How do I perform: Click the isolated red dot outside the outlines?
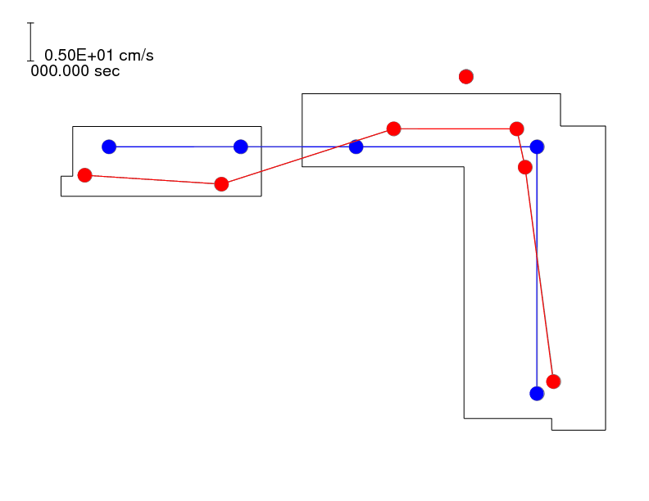point(466,77)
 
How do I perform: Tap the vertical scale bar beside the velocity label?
point(30,42)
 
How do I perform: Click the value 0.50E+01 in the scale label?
point(79,56)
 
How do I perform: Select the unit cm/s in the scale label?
point(136,56)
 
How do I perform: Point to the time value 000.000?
point(60,71)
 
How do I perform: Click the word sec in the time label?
point(107,71)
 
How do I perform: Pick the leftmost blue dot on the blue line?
point(109,147)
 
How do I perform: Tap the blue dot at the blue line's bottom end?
point(537,394)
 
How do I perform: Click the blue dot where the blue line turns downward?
point(537,147)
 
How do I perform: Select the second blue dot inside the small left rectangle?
point(240,147)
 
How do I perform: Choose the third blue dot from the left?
point(356,147)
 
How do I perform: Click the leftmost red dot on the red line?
point(85,175)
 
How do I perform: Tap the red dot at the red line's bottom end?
point(553,381)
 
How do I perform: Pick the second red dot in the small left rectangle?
point(221,184)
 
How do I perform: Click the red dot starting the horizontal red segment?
point(393,129)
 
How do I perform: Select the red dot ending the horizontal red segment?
point(516,129)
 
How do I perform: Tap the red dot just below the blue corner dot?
point(524,168)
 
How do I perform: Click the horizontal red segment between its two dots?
point(456,129)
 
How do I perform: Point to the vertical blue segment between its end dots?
point(537,270)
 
